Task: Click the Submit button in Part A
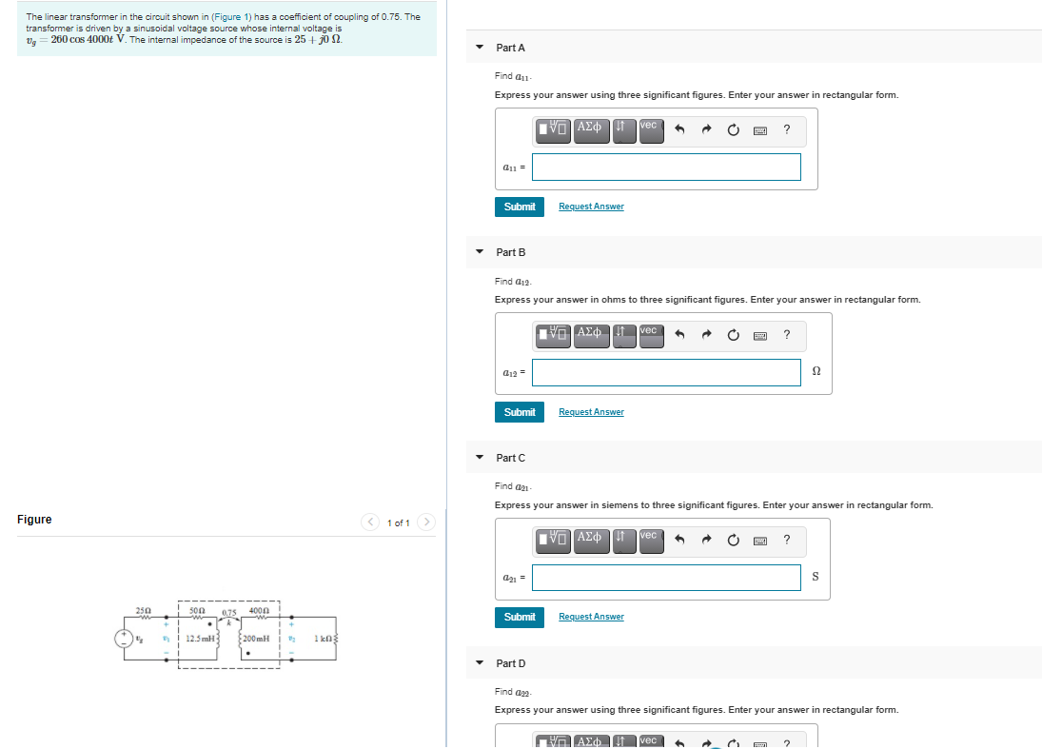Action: [x=520, y=207]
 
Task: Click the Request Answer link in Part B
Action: [x=591, y=412]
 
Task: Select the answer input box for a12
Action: [x=666, y=372]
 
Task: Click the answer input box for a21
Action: [x=666, y=578]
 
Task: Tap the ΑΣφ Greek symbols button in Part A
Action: [x=590, y=128]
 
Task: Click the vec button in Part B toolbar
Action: [x=649, y=332]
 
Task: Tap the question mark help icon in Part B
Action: [x=786, y=334]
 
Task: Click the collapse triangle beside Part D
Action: [x=480, y=663]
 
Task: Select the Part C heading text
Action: [x=510, y=458]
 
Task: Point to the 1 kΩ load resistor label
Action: [x=323, y=638]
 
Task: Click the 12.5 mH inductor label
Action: [x=201, y=638]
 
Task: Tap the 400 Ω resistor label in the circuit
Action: [x=259, y=609]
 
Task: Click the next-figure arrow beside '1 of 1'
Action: [x=426, y=522]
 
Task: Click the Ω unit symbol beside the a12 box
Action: [x=816, y=372]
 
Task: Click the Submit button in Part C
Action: [x=520, y=617]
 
